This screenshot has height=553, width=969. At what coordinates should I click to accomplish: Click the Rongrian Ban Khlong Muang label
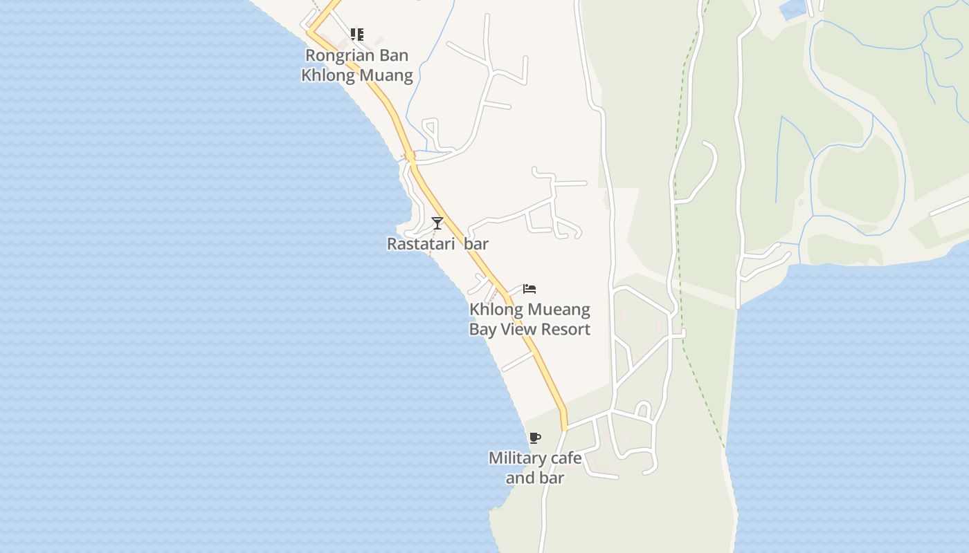[x=357, y=65]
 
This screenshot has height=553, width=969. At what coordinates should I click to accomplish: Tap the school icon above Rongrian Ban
[x=357, y=34]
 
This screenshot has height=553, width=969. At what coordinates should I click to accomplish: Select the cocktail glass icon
[x=437, y=223]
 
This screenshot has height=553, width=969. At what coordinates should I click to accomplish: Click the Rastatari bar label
[x=437, y=244]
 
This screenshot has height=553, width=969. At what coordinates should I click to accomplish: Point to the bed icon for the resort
[x=529, y=289]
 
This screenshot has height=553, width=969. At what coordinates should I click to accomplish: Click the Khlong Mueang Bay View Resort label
[x=529, y=319]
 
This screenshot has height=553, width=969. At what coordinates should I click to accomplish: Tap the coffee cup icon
[x=534, y=438]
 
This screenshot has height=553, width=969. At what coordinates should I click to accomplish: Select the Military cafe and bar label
[x=535, y=467]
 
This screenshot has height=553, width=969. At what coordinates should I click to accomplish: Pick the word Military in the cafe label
[x=513, y=458]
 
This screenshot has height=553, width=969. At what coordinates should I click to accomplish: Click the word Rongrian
[x=336, y=55]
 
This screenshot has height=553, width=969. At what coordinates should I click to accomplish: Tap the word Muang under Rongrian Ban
[x=390, y=75]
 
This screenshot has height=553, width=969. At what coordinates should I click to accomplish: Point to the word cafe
[x=563, y=458]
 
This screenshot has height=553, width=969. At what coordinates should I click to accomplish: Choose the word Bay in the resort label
[x=482, y=329]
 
